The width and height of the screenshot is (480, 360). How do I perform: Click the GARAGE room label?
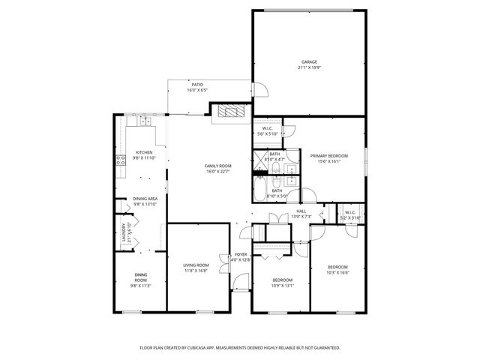tap(309, 62)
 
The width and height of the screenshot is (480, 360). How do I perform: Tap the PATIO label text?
tap(197, 85)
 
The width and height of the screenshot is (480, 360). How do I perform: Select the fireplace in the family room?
tap(229, 112)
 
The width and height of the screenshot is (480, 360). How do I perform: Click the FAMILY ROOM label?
tap(218, 166)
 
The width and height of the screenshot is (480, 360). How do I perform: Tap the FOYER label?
tap(241, 255)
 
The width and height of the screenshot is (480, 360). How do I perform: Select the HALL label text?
tap(301, 211)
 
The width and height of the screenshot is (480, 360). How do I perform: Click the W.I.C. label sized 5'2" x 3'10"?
tap(350, 212)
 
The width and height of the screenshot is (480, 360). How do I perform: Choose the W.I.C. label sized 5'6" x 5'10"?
tap(267, 128)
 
